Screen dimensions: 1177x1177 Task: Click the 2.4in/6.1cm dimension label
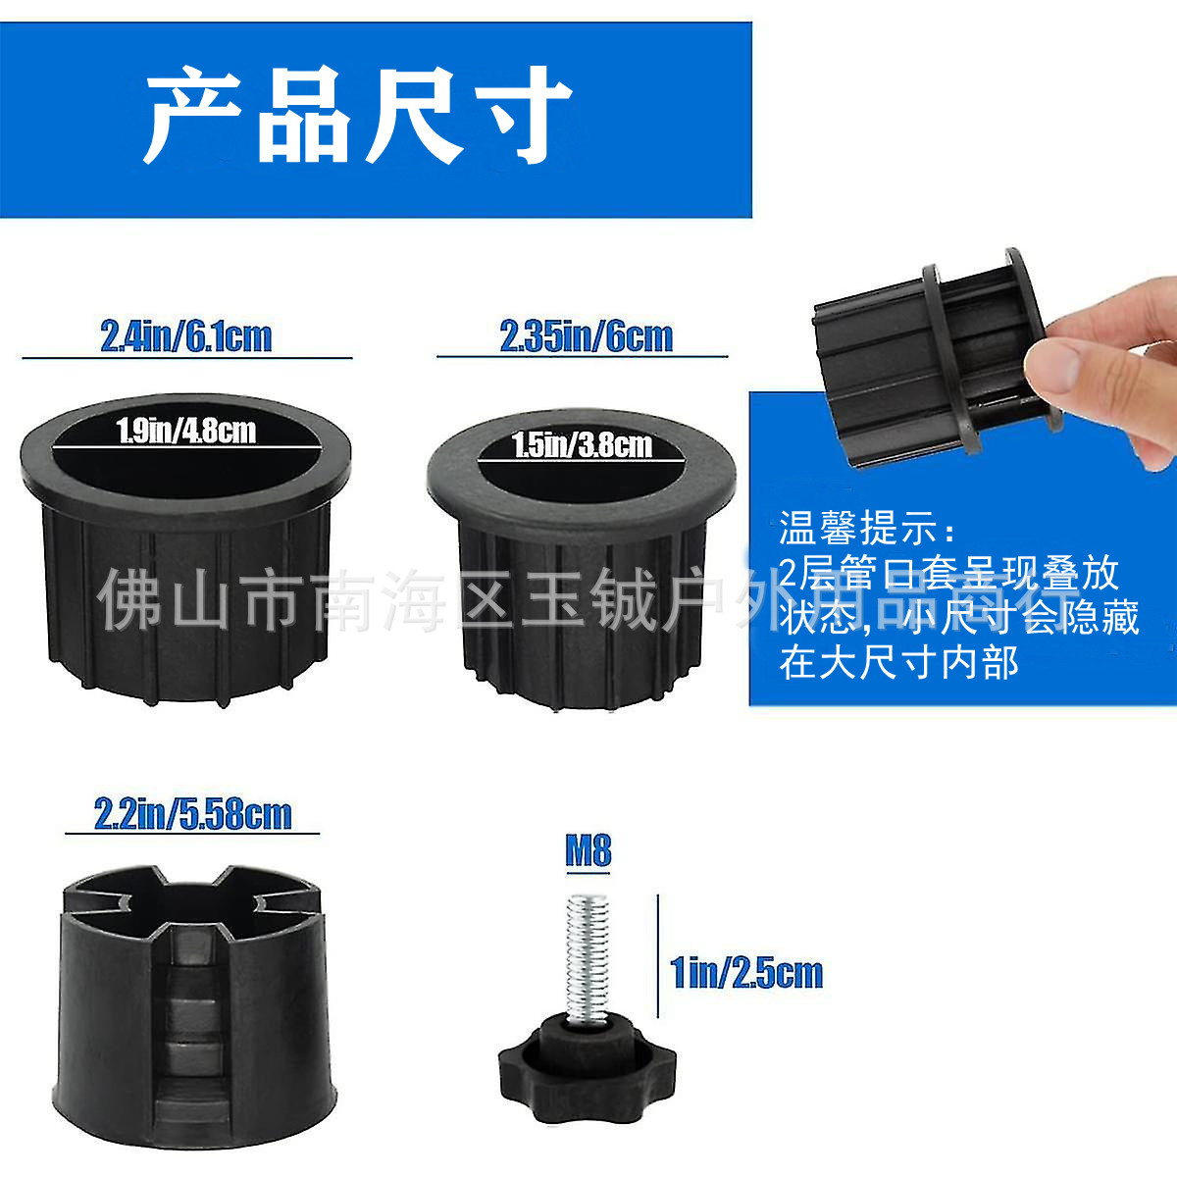[185, 336]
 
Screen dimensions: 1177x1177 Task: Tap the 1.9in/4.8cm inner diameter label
[186, 431]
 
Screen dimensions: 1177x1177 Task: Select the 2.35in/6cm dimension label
[586, 336]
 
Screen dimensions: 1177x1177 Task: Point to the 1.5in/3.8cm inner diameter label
[582, 445]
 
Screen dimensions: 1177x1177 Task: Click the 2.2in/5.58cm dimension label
[192, 814]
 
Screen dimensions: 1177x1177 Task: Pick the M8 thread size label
[588, 849]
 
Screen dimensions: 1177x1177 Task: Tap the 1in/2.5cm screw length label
[745, 972]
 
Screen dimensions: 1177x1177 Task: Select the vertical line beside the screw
[657, 957]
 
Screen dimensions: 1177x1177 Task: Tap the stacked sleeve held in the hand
[932, 348]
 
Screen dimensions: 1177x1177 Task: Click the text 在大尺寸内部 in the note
[898, 663]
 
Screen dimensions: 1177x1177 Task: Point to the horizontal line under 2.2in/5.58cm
[192, 834]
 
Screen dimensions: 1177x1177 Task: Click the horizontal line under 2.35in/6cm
[582, 356]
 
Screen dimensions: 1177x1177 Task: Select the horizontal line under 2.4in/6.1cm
[186, 358]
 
